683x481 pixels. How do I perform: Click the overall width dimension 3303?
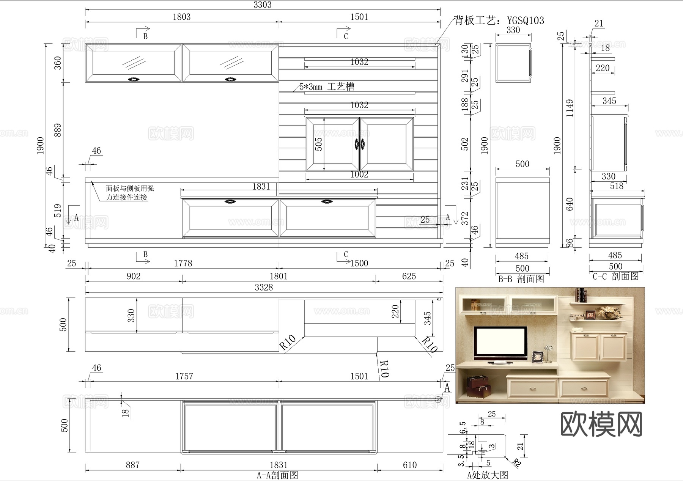[x=262, y=5]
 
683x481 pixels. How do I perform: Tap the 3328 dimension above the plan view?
[x=264, y=287]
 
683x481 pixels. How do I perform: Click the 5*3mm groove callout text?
[x=327, y=87]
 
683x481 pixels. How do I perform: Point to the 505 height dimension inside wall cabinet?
[x=319, y=144]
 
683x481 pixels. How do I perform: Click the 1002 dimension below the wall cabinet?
[x=359, y=174]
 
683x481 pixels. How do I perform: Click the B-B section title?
[x=521, y=279]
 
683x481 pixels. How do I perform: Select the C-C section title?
[x=616, y=277]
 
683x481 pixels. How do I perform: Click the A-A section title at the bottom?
[x=277, y=475]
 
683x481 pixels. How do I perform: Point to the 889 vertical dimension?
[x=58, y=130]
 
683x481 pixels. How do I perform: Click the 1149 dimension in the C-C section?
[x=570, y=108]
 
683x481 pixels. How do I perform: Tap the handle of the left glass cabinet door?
[x=133, y=79]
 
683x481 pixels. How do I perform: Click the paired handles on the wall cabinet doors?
[x=359, y=144]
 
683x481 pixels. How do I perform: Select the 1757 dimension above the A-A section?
[x=184, y=376]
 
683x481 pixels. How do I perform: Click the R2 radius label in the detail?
[x=517, y=462]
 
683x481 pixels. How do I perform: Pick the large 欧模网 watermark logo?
[x=601, y=425]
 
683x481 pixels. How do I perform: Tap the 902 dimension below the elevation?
[x=134, y=276]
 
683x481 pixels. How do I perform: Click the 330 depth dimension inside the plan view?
[x=131, y=316]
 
